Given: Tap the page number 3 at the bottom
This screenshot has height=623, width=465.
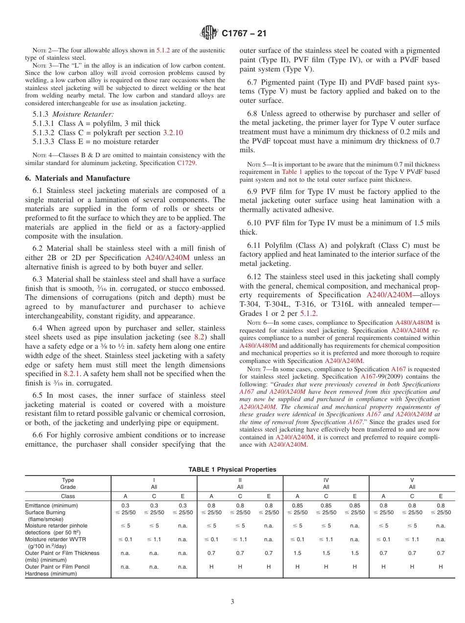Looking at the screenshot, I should click(232, 602).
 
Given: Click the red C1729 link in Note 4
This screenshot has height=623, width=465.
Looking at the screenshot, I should click(186, 163).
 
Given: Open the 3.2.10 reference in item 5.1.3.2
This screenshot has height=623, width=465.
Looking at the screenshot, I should click(172, 133).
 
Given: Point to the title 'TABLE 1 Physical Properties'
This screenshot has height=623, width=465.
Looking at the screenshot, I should click(232, 469).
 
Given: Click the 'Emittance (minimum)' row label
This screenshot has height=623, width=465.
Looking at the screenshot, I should click(51, 505).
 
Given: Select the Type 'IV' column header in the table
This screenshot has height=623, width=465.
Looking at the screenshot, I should click(326, 480).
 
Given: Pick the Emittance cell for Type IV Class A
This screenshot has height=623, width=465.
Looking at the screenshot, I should click(297, 505).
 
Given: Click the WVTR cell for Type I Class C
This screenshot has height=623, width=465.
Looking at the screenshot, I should click(154, 539).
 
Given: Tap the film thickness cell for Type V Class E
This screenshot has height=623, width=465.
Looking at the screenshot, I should click(441, 553).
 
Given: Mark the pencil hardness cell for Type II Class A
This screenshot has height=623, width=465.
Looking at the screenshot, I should click(211, 567).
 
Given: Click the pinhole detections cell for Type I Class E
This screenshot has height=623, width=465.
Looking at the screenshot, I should click(183, 526).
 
